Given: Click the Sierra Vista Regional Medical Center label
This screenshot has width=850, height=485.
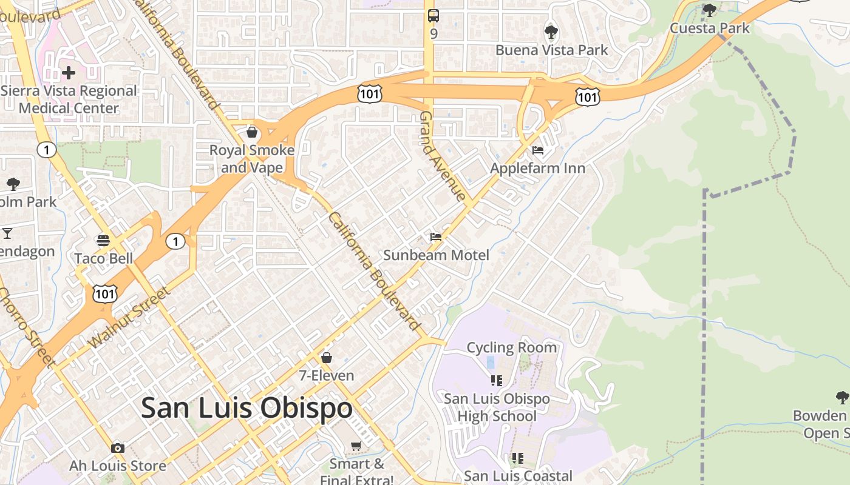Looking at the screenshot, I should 69,99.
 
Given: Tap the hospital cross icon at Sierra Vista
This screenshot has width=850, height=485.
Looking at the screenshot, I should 69,73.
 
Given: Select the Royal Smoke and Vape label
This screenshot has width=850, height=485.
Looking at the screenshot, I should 251,158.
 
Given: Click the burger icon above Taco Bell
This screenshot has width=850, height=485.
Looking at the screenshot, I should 103,241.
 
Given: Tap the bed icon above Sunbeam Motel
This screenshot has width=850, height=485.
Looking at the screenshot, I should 436,236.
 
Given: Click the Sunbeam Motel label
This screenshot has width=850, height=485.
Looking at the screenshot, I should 436,255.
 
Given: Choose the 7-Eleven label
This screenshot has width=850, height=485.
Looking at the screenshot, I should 327,375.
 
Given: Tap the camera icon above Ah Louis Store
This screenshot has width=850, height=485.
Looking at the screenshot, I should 118,448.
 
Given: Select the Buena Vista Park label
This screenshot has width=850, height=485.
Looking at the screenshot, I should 551,50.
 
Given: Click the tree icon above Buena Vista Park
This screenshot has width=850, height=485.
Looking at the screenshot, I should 551,31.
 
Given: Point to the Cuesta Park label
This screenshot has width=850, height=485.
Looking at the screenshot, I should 710,28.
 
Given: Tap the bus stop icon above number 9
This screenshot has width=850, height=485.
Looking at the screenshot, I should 433,16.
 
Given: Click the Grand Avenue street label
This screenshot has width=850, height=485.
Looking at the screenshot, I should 443,156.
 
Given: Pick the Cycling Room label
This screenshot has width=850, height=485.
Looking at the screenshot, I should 511,347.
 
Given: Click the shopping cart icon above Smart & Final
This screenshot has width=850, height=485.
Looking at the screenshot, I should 356,446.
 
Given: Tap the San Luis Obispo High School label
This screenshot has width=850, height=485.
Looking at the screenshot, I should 497,407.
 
